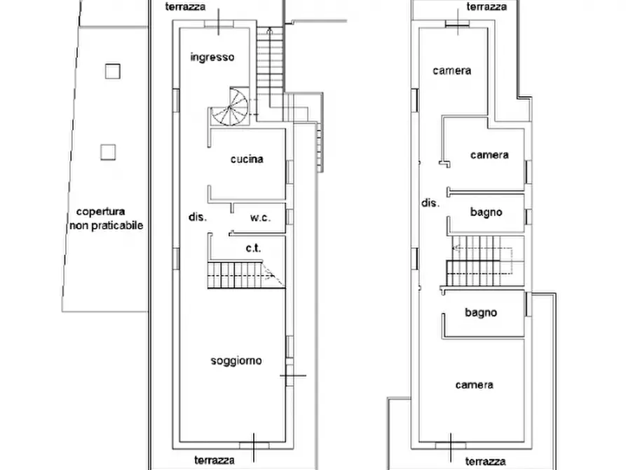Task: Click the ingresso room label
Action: (212, 58)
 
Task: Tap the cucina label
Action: (247, 159)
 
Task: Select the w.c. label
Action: (260, 217)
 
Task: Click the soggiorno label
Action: (236, 361)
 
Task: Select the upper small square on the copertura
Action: (111, 71)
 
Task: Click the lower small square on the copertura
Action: (107, 151)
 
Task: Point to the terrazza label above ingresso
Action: (185, 6)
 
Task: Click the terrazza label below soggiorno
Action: (215, 460)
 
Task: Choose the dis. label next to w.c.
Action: (197, 217)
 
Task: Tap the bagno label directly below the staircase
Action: (481, 313)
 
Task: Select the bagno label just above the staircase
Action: (486, 212)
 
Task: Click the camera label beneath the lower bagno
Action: (474, 384)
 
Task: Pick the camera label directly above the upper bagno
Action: (489, 155)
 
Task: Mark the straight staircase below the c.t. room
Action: (238, 274)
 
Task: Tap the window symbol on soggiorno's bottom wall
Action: (254, 445)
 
